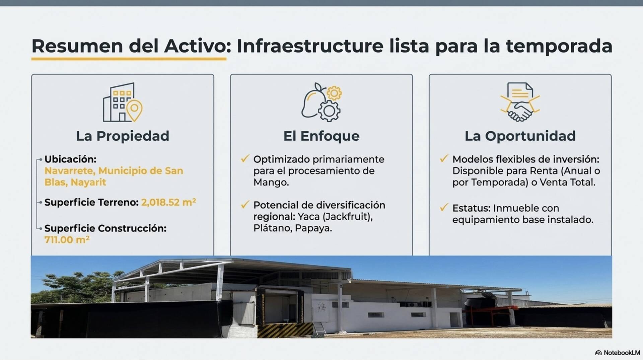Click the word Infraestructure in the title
pos(310,46)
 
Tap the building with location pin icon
pos(123,102)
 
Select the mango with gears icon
pos(321,102)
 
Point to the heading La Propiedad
pos(123,136)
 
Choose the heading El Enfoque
pos(321,136)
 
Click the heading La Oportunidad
pos(520,136)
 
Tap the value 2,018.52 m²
pos(168,202)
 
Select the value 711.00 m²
pos(67,239)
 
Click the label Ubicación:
pos(70,159)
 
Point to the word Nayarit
pos(88,183)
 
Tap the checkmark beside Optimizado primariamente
pos(245,158)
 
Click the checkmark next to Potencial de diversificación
pos(245,204)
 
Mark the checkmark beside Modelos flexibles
pos(444,158)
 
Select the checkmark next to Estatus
pos(444,208)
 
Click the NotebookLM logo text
pos(622,353)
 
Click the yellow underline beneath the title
pos(129,59)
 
